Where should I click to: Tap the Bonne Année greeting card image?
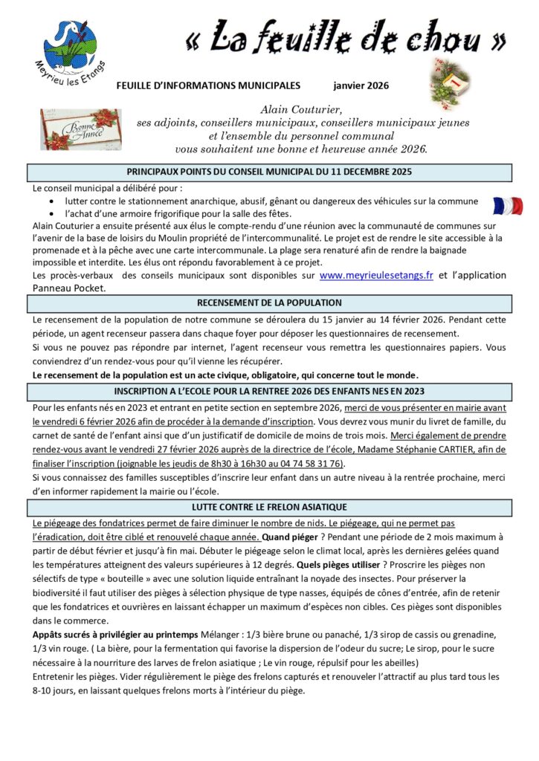tap(80, 129)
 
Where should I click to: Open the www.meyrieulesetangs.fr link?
tap(376, 275)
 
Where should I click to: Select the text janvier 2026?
tap(361, 86)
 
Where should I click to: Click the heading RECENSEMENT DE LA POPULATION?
tap(269, 302)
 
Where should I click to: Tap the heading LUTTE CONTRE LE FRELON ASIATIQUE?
tap(269, 507)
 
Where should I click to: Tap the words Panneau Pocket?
tap(70, 288)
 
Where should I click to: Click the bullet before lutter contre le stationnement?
tap(51, 201)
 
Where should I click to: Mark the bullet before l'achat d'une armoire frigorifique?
tap(51, 214)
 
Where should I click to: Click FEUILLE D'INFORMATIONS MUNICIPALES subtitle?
tap(208, 86)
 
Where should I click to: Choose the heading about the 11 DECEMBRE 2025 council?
tap(269, 172)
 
